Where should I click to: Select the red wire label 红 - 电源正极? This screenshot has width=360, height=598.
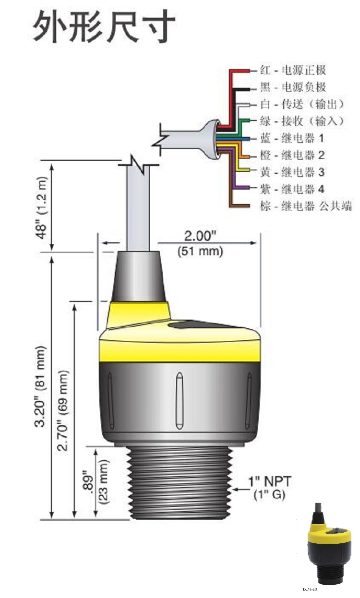292,70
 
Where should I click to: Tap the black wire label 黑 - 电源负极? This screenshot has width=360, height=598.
292,87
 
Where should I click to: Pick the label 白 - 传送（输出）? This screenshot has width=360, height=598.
301,104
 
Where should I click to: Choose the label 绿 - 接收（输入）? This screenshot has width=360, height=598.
301,121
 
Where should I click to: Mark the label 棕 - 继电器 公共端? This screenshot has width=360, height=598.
306,206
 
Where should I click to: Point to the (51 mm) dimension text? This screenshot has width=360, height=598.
200,251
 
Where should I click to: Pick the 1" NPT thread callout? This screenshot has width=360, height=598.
269,480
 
